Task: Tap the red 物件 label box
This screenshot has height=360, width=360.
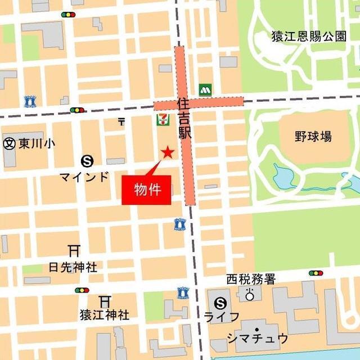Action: (146, 190)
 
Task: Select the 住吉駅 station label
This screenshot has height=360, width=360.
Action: (183, 120)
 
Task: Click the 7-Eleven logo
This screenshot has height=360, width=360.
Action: (163, 119)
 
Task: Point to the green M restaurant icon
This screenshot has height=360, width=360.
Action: (204, 89)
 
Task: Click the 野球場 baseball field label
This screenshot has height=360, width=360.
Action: (313, 136)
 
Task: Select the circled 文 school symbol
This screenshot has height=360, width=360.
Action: (9, 143)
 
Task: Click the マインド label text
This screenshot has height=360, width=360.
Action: (84, 177)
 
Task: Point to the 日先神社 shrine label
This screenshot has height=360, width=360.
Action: (73, 267)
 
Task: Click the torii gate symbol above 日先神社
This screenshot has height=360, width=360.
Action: (73, 251)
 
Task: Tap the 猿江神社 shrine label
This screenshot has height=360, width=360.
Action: (104, 315)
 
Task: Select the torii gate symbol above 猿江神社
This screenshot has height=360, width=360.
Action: (105, 300)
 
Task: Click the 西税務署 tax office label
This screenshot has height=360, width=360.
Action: (251, 279)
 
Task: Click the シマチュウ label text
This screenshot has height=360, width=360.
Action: (258, 338)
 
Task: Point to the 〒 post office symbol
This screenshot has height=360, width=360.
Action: (121, 121)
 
